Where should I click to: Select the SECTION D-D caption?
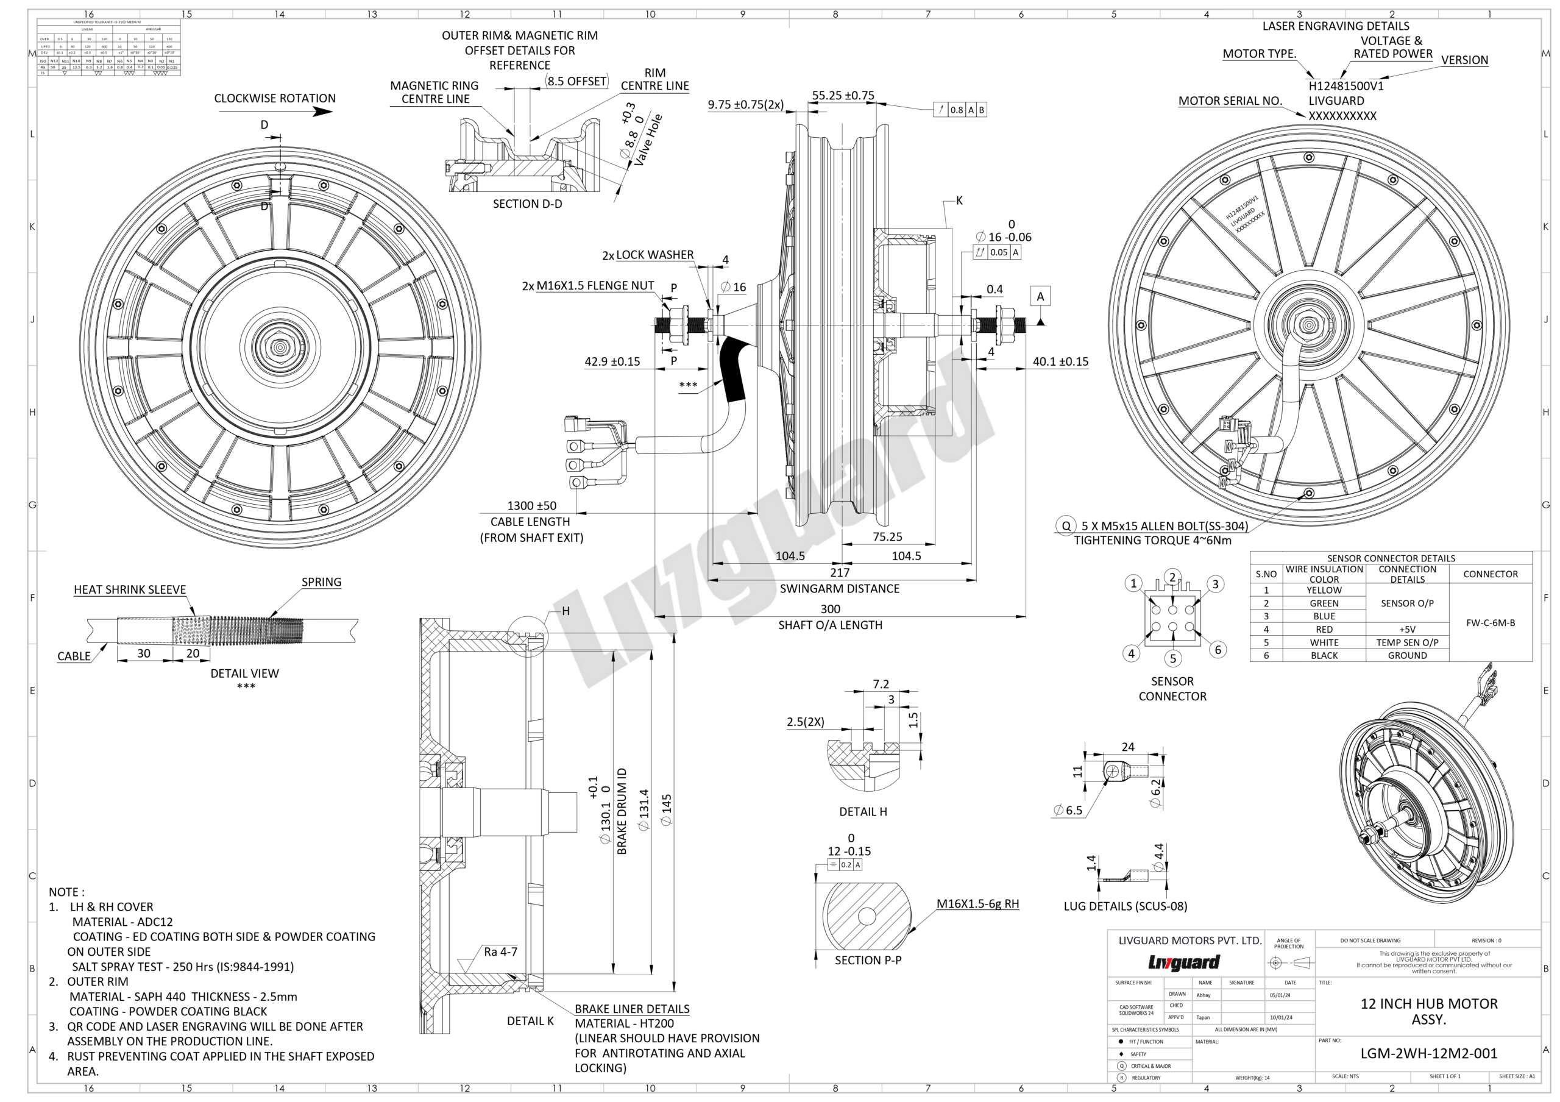click(x=527, y=204)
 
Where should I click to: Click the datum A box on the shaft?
click(x=1040, y=296)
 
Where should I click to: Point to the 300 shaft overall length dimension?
click(x=831, y=610)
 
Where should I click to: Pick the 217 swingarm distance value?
click(x=840, y=573)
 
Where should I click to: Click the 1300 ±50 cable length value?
click(x=531, y=505)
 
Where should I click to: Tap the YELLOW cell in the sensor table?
click(x=1324, y=591)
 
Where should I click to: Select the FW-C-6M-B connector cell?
click(x=1490, y=622)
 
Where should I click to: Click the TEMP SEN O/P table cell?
click(x=1407, y=642)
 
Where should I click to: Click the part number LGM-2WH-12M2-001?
click(x=1428, y=1054)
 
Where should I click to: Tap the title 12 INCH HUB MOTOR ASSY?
click(x=1429, y=1012)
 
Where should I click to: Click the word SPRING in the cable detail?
click(x=321, y=582)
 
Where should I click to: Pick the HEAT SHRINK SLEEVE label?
click(x=130, y=590)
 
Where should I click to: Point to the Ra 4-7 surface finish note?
click(x=500, y=952)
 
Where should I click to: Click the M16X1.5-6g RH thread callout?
click(x=977, y=905)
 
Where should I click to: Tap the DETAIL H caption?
click(x=863, y=811)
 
